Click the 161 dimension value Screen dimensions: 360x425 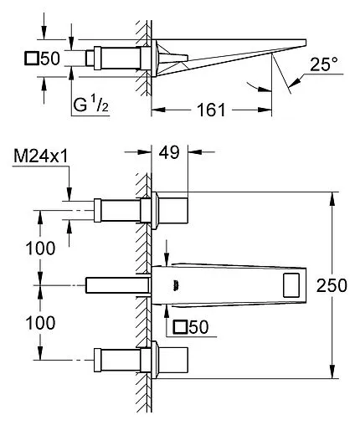pos(211,110)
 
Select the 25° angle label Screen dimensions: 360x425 pos(324,64)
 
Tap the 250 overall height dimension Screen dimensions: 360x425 pos(332,285)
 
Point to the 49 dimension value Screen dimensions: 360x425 pos(169,152)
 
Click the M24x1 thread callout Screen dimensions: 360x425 pos(41,156)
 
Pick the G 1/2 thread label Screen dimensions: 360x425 pos(90,105)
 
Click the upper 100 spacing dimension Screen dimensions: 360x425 pos(40,248)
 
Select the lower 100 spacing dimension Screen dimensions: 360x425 pos(40,323)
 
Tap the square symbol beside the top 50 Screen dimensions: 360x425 pos(31,59)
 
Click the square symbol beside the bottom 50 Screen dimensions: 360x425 pos(180,327)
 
